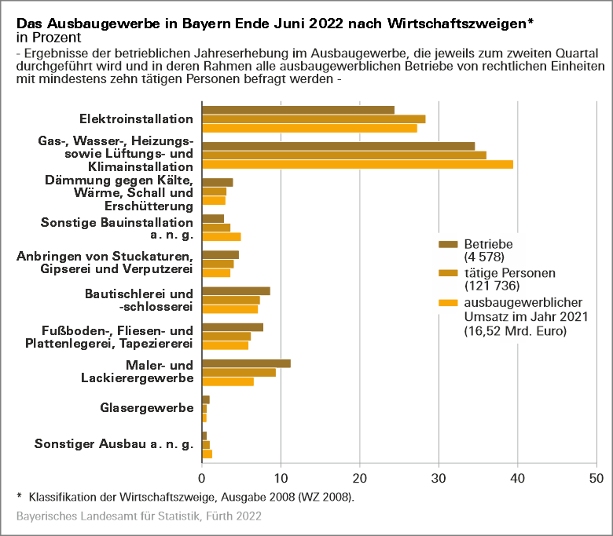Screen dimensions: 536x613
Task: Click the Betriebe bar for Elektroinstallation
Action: click(x=298, y=110)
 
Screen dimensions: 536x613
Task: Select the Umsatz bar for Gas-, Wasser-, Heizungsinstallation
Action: click(x=358, y=164)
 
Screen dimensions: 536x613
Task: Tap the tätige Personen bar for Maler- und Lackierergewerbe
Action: click(x=239, y=372)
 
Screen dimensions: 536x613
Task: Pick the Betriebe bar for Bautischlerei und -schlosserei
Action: click(x=236, y=290)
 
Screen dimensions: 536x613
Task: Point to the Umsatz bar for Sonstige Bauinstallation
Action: click(x=221, y=236)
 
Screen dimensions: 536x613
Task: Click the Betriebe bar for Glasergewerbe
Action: click(x=206, y=399)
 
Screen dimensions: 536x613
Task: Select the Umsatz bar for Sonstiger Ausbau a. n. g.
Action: click(x=207, y=454)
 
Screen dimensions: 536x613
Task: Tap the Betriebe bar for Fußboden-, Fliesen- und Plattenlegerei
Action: click(x=233, y=327)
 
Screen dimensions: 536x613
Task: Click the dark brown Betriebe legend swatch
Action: click(x=448, y=244)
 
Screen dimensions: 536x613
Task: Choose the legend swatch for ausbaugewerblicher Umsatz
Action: click(x=448, y=302)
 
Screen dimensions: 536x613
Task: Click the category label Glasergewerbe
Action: click(x=147, y=408)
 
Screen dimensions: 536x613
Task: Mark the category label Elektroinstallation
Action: click(x=136, y=119)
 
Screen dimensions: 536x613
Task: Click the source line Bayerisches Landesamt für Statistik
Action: click(x=138, y=516)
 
